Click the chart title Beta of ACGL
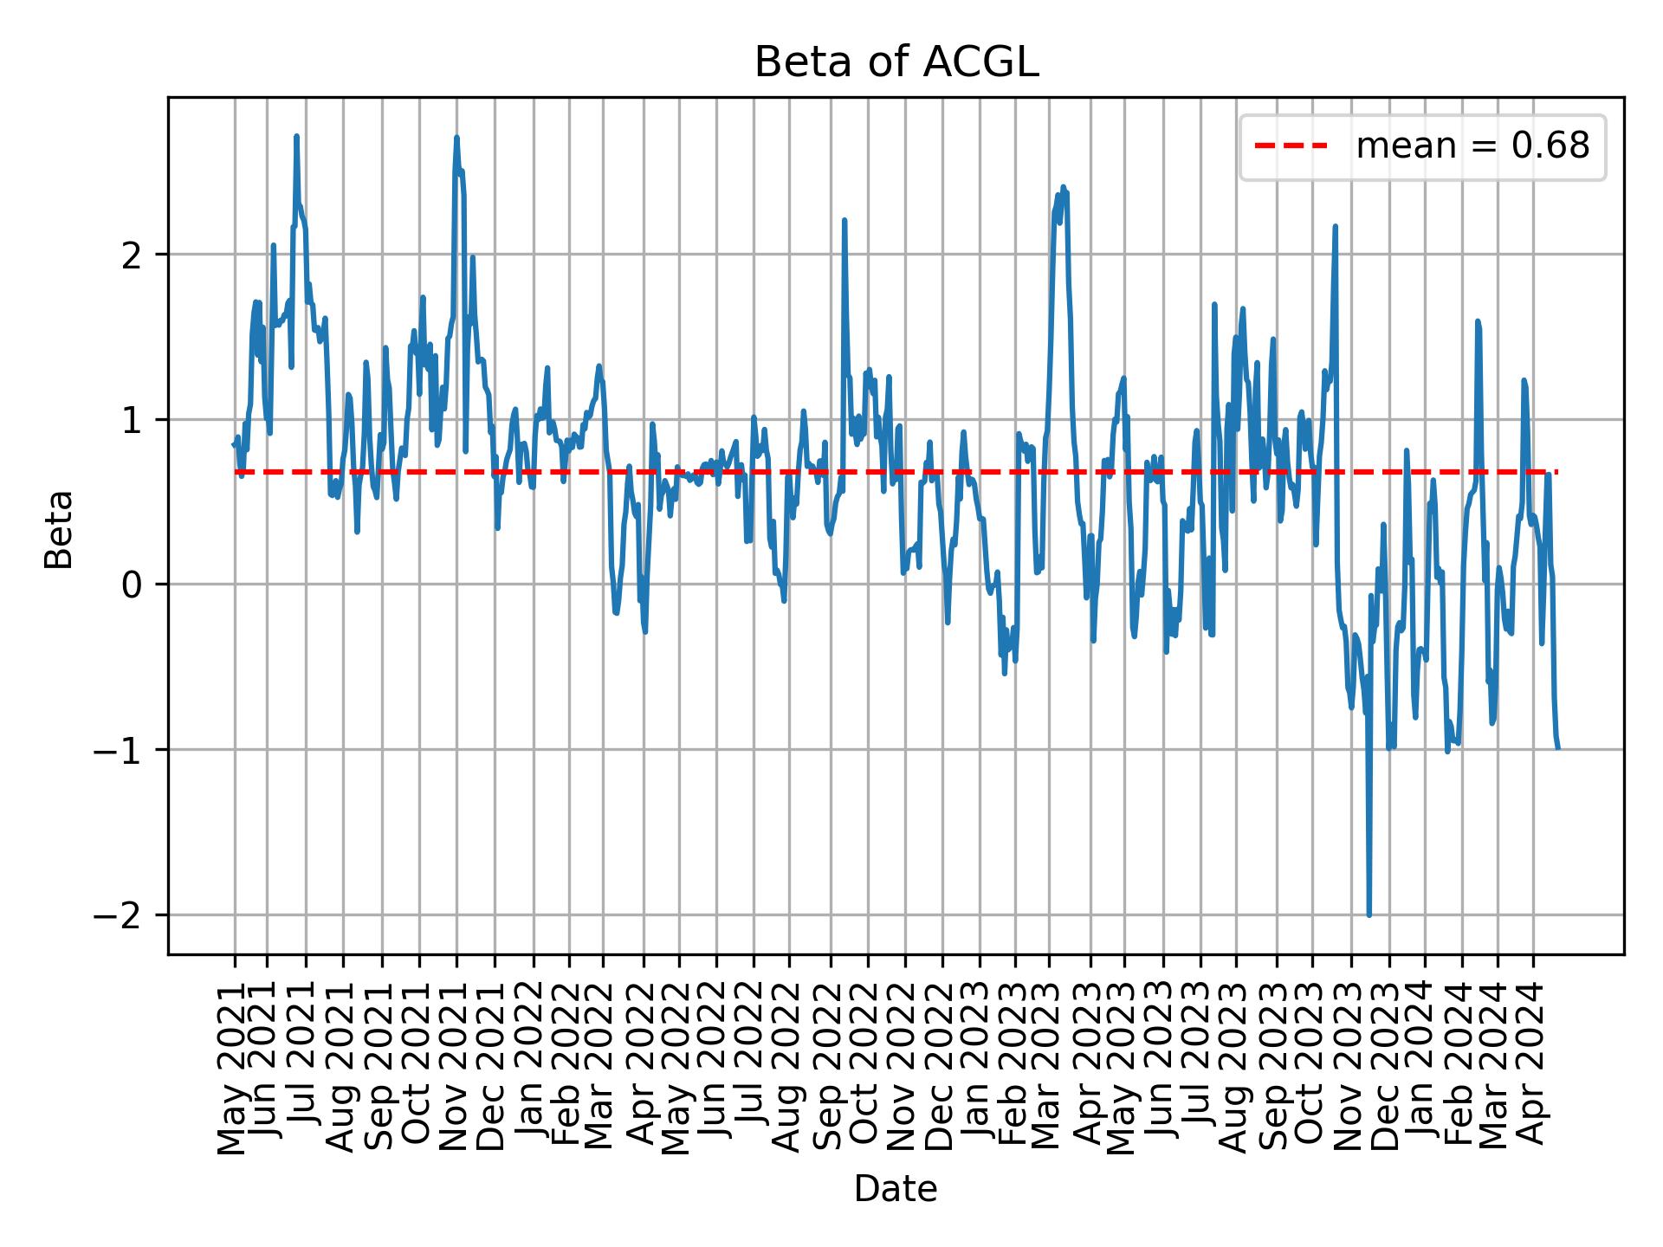point(896,63)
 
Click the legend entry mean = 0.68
point(1472,147)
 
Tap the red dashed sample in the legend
point(1291,147)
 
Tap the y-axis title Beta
point(59,529)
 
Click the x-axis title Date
point(895,1189)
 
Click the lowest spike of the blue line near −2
point(1369,914)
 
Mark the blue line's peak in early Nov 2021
point(456,138)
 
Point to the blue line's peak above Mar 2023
point(1063,187)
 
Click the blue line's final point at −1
point(1557,747)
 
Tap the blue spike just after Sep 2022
point(844,221)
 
